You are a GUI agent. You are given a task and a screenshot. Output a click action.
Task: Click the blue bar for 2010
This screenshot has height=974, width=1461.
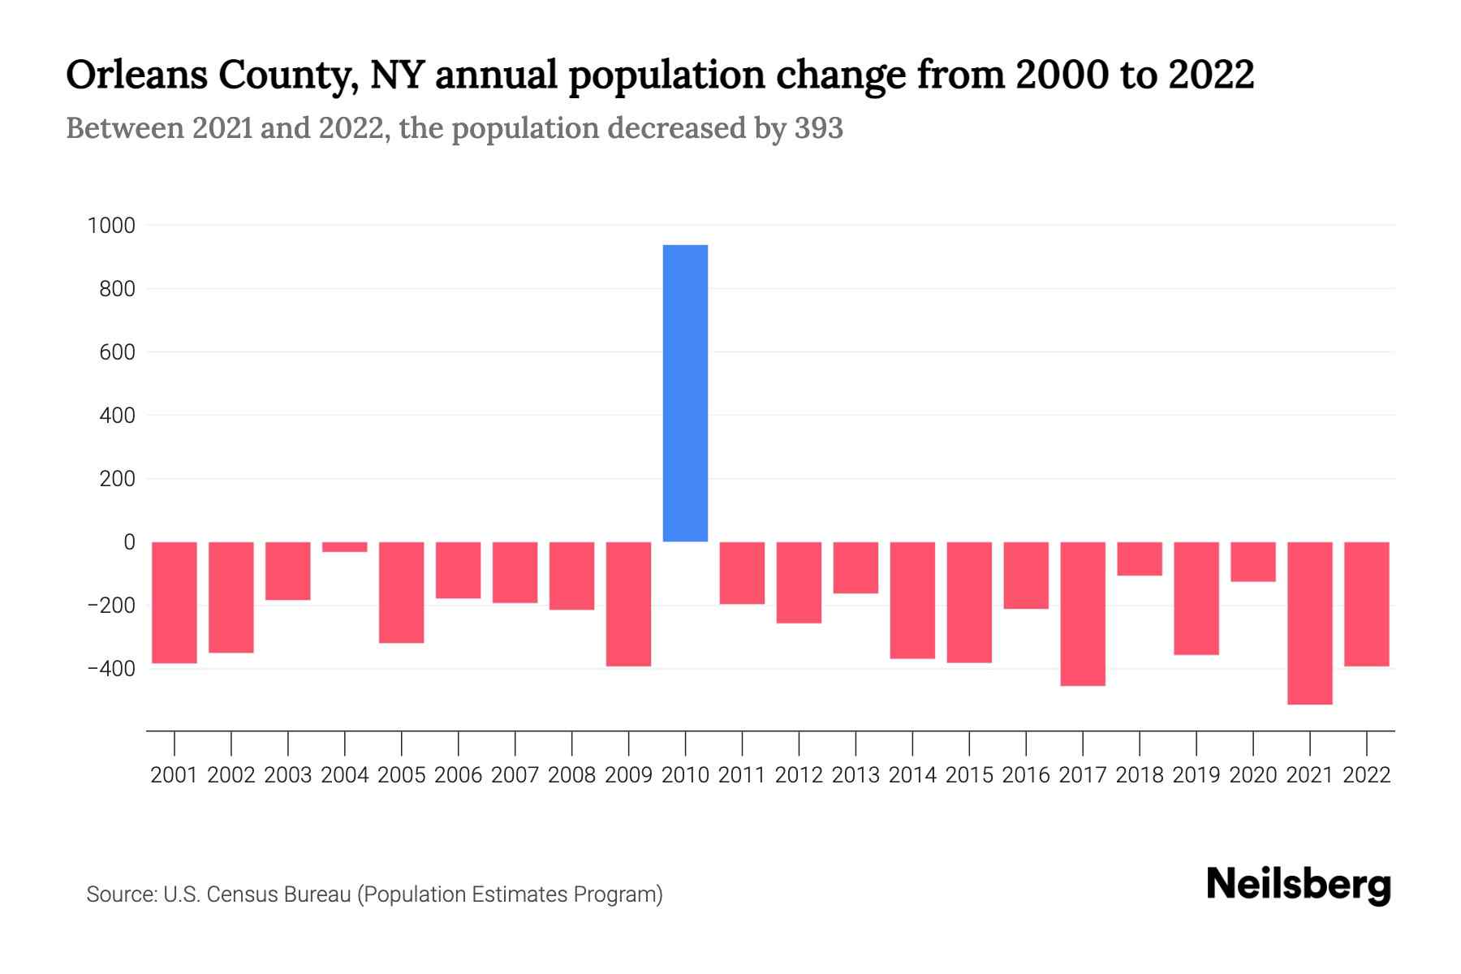point(685,394)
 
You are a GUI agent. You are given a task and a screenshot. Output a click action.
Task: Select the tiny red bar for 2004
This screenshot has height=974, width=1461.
point(345,547)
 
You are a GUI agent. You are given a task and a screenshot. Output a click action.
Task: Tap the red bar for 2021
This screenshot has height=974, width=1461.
point(1309,623)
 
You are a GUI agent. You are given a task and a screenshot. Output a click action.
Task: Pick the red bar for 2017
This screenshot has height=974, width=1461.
point(1083,614)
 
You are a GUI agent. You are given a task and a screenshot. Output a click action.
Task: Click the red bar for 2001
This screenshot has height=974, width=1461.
point(175,602)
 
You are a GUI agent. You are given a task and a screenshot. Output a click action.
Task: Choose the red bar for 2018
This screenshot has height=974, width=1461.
point(1140,558)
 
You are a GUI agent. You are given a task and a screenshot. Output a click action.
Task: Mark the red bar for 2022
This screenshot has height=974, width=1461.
point(1367,604)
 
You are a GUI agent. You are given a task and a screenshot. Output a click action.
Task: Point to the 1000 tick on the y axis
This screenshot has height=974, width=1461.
point(111,226)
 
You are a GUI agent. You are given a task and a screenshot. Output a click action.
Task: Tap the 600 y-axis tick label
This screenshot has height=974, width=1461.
point(117,352)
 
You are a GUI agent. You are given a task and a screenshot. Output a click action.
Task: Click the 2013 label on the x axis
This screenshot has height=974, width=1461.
point(855,775)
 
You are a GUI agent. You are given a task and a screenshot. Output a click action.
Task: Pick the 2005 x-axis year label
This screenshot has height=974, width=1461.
point(402,775)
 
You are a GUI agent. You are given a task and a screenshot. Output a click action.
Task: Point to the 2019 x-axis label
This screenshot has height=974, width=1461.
point(1196,775)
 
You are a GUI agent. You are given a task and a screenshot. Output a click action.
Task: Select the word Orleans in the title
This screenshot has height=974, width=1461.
point(134,75)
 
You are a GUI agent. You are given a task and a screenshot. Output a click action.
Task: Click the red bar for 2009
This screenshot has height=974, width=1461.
point(629,604)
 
